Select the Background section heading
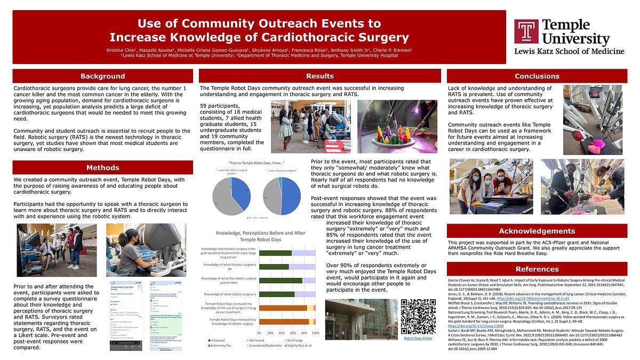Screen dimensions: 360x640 (102, 76)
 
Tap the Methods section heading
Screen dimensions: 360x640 (102, 168)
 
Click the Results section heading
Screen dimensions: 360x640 (320, 76)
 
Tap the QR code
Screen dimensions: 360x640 (418, 316)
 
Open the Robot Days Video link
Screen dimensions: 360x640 (418, 338)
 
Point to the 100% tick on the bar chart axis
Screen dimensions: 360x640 (315, 333)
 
